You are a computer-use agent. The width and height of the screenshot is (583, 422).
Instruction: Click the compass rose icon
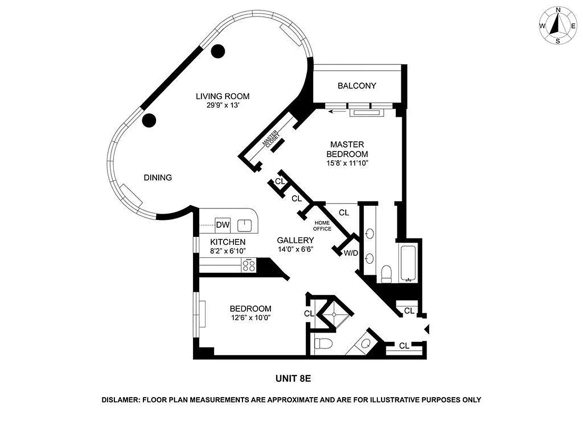[557, 25]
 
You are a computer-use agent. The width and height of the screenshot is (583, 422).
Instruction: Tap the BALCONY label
[357, 85]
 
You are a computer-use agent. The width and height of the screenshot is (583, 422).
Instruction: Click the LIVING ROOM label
[222, 96]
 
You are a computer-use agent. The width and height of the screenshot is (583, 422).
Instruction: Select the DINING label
[158, 178]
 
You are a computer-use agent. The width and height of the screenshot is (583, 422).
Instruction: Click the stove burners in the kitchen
[248, 266]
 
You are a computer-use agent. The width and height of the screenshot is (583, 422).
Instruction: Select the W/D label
[351, 253]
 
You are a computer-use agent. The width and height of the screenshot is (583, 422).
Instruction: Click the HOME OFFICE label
[323, 226]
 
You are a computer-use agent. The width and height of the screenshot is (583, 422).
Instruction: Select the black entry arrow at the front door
[427, 329]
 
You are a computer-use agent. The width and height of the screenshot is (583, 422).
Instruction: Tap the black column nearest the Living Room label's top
[218, 51]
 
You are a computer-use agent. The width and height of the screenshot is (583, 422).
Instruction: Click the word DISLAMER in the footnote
[121, 400]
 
